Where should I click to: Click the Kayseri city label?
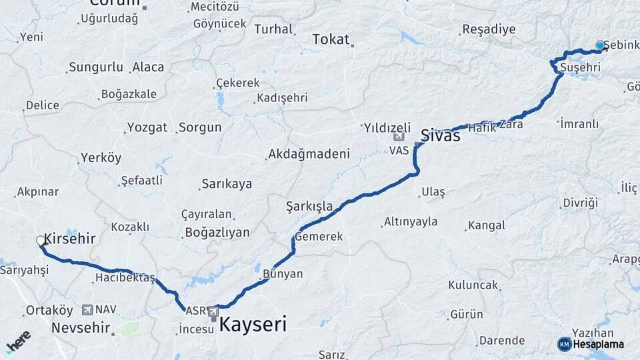(x=253, y=325)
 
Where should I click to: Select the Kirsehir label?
(x=70, y=239)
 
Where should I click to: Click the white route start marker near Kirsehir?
(x=41, y=241)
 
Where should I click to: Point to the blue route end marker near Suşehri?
(x=600, y=45)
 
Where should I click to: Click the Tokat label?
(x=331, y=40)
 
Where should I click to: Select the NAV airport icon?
(x=87, y=310)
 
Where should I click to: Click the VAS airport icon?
(x=399, y=137)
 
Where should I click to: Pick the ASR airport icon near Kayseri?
(x=213, y=311)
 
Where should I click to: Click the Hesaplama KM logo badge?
(x=565, y=344)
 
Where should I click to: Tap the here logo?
(x=18, y=341)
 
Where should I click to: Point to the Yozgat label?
(x=147, y=127)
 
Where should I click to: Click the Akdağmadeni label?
(x=309, y=155)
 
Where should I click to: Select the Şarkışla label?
(x=309, y=206)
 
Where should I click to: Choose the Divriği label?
(x=580, y=203)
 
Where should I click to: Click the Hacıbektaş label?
(x=125, y=277)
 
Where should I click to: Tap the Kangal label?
(x=486, y=225)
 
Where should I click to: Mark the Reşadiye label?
(x=489, y=29)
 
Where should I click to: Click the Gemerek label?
(x=319, y=237)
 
